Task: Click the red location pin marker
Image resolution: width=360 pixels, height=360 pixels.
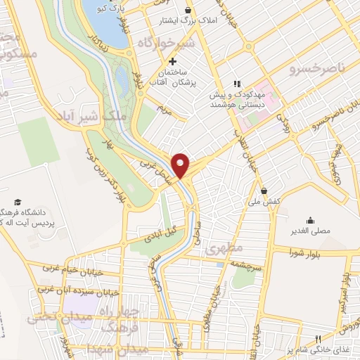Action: pyautogui.click(x=181, y=165)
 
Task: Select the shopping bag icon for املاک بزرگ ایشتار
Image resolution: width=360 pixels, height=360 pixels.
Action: pyautogui.click(x=188, y=11)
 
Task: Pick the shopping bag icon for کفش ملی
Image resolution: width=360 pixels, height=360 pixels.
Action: pyautogui.click(x=264, y=190)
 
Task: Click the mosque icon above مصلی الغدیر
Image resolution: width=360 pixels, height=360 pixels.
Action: pyautogui.click(x=310, y=219)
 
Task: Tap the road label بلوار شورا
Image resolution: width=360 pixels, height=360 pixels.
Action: pyautogui.click(x=312, y=252)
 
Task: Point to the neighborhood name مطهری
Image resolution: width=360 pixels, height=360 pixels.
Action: pyautogui.click(x=226, y=248)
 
